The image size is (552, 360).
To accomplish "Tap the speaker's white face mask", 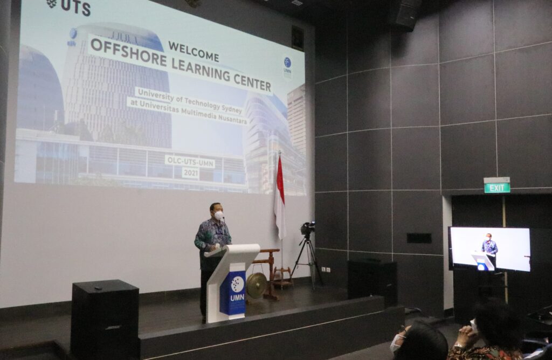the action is pyautogui.click(x=219, y=216).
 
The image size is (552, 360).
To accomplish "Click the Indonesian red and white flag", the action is pyautogui.click(x=280, y=197).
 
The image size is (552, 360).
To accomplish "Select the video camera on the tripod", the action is pyautogui.click(x=307, y=228).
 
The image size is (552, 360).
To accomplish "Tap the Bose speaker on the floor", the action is pyautogui.click(x=105, y=320).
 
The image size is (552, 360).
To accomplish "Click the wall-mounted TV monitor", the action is pyautogui.click(x=489, y=249).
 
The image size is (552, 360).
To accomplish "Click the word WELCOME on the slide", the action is pyautogui.click(x=194, y=51).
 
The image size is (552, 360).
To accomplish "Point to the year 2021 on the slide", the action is pyautogui.click(x=190, y=172).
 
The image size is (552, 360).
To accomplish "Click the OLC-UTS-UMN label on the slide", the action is pyautogui.click(x=190, y=162).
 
